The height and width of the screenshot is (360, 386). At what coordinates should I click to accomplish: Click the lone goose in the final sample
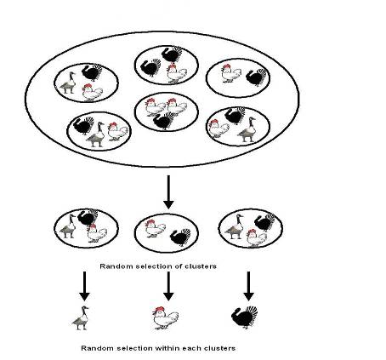click(x=81, y=318)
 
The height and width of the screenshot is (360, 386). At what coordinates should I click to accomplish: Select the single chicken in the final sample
click(x=166, y=317)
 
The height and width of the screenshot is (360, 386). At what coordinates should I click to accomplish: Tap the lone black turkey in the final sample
click(x=244, y=317)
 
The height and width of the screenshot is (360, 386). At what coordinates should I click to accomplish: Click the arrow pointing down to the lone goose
click(x=84, y=286)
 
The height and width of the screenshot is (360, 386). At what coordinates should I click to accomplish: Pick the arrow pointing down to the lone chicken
click(x=168, y=286)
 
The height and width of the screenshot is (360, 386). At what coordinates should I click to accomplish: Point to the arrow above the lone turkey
click(x=248, y=286)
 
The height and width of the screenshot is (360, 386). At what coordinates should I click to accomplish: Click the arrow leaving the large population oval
click(x=168, y=192)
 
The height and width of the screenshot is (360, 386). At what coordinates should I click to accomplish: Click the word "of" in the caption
click(x=177, y=266)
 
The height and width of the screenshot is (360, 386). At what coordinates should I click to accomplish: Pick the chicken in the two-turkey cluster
click(x=177, y=73)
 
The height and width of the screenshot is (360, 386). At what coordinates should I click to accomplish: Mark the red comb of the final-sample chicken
click(x=160, y=309)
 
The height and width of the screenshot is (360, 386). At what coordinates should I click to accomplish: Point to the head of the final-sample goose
click(x=84, y=308)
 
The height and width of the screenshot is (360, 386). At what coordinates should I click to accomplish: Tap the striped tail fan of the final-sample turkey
click(x=252, y=312)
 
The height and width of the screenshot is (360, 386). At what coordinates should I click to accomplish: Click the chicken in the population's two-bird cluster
click(x=231, y=73)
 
